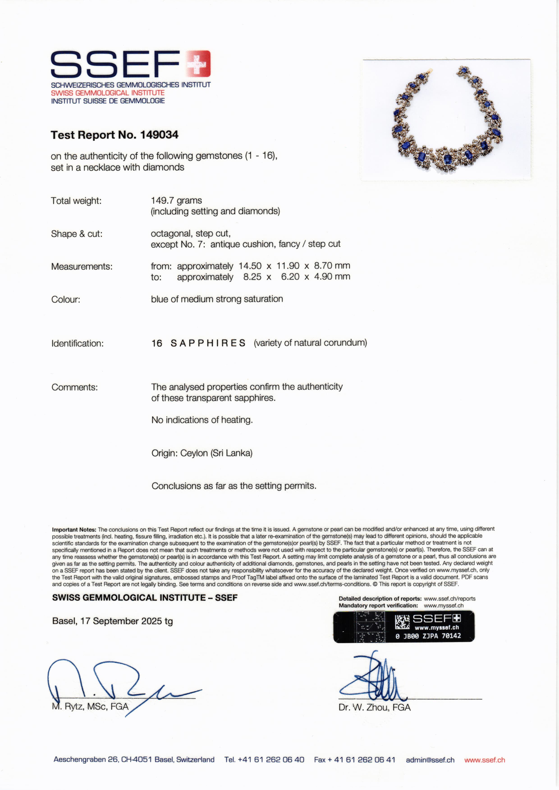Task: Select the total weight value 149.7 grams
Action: click(176, 200)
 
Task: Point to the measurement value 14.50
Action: click(250, 266)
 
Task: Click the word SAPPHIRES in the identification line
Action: click(208, 343)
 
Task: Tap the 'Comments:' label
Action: click(75, 387)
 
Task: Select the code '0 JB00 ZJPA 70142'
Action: click(428, 636)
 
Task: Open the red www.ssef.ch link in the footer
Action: click(484, 760)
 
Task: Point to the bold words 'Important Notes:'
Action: click(74, 530)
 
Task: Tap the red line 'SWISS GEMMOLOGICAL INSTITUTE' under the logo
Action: click(108, 93)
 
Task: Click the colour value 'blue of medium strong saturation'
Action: click(217, 299)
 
